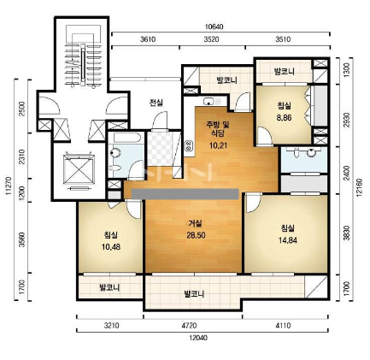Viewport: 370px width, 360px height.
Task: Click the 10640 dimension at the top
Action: tap(214, 27)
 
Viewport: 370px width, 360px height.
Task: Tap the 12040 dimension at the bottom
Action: tap(198, 338)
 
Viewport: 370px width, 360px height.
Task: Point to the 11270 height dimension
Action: tap(8, 186)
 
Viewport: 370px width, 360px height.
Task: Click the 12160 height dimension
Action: tap(359, 187)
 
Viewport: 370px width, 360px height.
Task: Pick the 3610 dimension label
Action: tap(148, 39)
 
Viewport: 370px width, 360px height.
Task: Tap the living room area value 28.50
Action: tap(196, 235)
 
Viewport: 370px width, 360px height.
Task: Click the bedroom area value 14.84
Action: tap(288, 240)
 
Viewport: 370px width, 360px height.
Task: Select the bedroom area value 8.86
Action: tap(284, 117)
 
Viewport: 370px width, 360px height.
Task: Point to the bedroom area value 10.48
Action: tap(111, 247)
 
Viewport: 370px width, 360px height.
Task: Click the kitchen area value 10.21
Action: tap(218, 145)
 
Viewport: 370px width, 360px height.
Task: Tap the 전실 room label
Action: tap(156, 103)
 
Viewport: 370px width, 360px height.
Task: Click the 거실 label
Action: tap(195, 223)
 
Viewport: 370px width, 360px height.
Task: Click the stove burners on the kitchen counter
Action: tap(188, 145)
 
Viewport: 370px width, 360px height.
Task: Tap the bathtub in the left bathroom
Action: tap(126, 138)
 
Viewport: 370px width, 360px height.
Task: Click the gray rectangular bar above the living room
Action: tap(185, 194)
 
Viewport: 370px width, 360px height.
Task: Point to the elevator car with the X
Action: tap(79, 169)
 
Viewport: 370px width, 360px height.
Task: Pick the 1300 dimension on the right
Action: tap(346, 68)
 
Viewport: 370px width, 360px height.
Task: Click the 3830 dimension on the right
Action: tap(346, 233)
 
